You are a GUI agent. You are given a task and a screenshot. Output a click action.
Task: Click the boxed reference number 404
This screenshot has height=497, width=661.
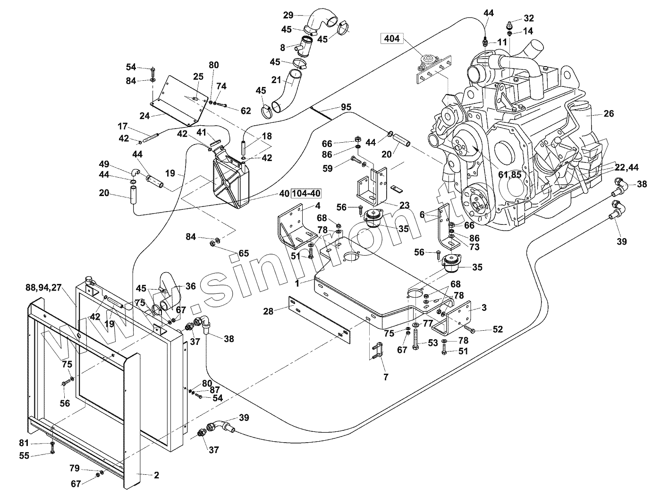click(392, 39)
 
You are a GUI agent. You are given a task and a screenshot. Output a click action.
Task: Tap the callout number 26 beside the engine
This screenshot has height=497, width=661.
click(609, 113)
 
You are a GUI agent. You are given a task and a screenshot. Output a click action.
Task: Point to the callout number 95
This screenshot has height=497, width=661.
click(346, 107)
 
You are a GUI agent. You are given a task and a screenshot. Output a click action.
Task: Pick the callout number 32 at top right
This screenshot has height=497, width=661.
click(528, 18)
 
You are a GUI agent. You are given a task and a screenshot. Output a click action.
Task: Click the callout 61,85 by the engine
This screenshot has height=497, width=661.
click(510, 175)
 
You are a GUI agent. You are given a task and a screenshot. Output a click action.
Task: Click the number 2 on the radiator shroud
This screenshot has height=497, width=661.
click(156, 475)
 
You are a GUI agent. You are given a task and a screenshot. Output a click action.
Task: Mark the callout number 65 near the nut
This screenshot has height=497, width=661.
click(243, 254)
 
